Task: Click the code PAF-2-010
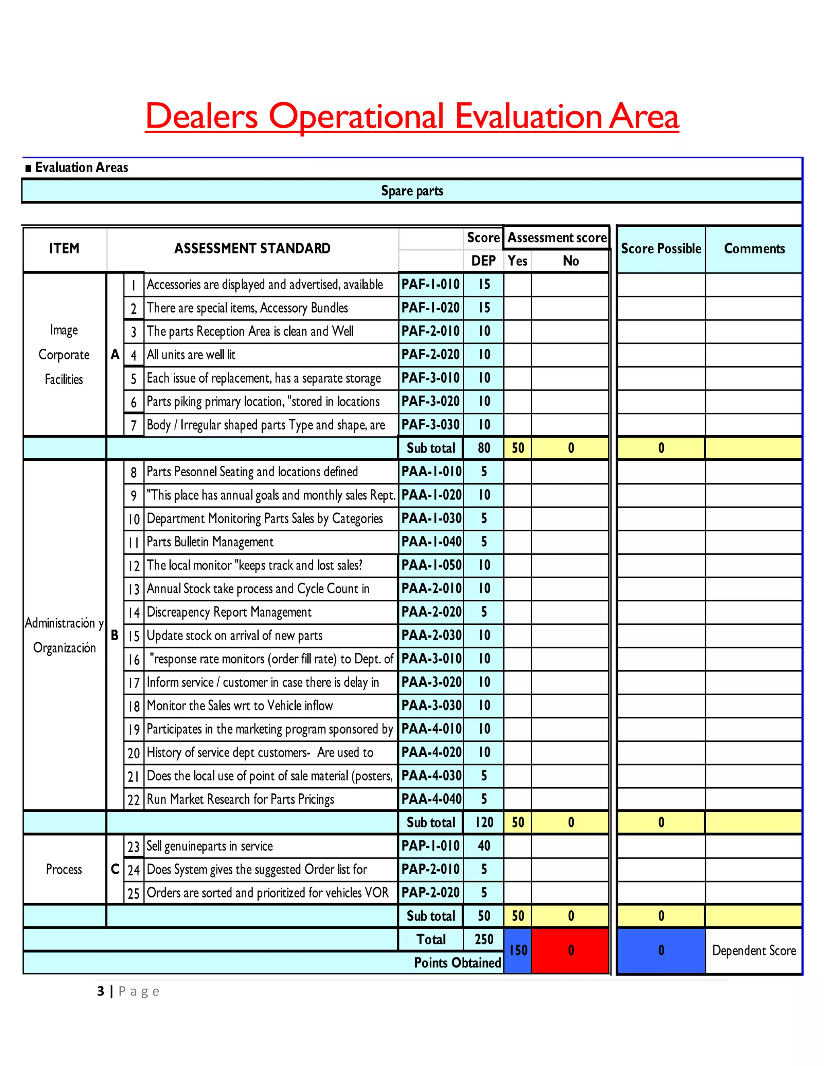[430, 331]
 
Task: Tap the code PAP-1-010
[430, 846]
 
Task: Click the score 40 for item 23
[484, 846]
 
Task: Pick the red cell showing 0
[570, 950]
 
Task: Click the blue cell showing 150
[518, 950]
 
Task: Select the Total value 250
[484, 939]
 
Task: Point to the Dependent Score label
[754, 950]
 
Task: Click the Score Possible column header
[661, 249]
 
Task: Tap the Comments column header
[754, 249]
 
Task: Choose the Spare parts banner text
[412, 191]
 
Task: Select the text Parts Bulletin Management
[210, 542]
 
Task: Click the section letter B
[115, 635]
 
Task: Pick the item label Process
[64, 869]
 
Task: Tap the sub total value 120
[484, 823]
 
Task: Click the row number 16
[134, 659]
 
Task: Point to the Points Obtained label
[457, 963]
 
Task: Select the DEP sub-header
[483, 261]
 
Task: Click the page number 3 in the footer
[101, 991]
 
